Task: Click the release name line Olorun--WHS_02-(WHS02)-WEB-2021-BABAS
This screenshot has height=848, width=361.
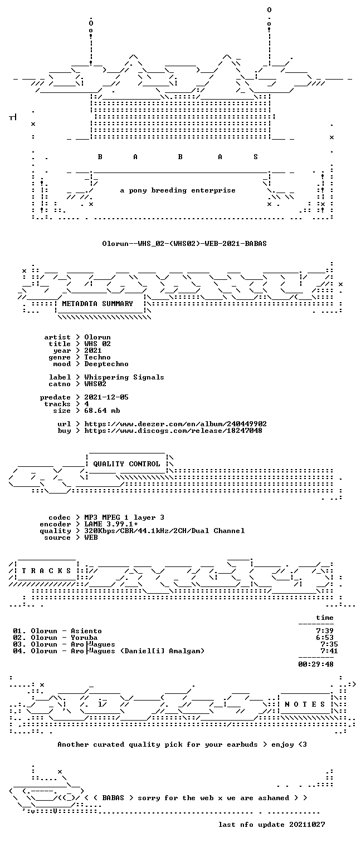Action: [x=184, y=243]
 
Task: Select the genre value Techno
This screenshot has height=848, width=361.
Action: [x=97, y=357]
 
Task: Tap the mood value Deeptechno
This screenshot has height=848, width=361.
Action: [x=106, y=364]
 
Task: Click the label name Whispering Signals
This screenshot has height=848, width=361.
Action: [x=124, y=377]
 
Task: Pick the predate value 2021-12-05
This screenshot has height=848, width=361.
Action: [x=106, y=397]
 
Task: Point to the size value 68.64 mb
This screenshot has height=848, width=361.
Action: [x=102, y=411]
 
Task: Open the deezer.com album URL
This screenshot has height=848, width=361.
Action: [x=175, y=423]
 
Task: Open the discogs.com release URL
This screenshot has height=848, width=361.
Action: [x=173, y=431]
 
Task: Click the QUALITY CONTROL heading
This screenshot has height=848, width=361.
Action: [x=126, y=464]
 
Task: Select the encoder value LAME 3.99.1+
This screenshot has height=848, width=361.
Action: [x=111, y=524]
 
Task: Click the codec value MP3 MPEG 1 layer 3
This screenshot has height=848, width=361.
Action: [x=124, y=517]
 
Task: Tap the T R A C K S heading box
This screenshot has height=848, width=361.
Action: [x=46, y=570]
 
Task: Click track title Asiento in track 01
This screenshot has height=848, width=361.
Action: [x=86, y=630]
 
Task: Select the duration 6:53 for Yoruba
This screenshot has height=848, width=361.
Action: [x=325, y=638]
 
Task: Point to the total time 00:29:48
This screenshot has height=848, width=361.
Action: [x=316, y=664]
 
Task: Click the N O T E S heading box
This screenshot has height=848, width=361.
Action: [x=305, y=704]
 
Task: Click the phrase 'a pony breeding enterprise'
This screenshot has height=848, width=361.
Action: [x=178, y=190]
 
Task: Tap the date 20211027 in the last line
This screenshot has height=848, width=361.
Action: [x=307, y=825]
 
